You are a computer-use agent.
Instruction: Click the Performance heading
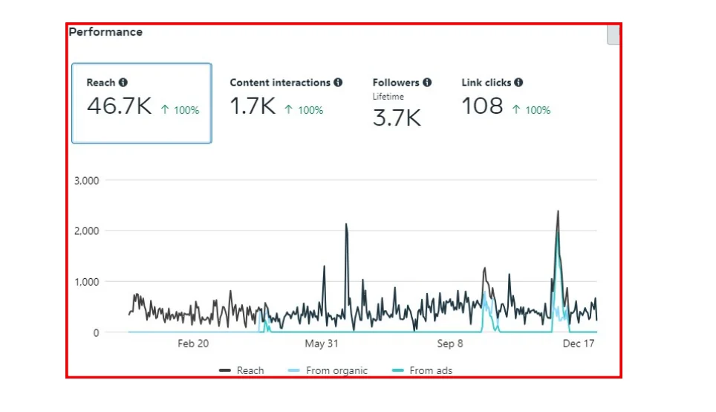tap(105, 32)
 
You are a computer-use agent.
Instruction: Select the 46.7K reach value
tap(119, 106)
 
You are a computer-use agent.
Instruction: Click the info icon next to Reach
tap(123, 83)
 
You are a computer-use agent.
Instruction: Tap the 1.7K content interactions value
tap(253, 106)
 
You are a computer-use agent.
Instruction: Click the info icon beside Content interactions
tap(338, 83)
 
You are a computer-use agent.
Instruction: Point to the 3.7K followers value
tap(397, 118)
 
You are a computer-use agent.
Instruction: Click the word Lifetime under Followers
tap(388, 97)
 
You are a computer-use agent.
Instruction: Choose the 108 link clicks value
tap(483, 106)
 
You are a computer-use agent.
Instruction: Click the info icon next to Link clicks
tap(518, 83)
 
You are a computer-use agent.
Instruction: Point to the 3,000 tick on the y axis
tap(87, 180)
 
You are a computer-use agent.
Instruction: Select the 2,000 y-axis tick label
tap(87, 231)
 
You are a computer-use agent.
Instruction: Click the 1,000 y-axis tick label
tap(87, 282)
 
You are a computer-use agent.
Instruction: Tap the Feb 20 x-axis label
tap(193, 344)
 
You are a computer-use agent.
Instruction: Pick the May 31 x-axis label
tap(322, 344)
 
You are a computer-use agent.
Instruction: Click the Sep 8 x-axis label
tap(450, 344)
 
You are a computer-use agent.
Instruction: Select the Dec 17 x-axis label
tap(579, 344)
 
